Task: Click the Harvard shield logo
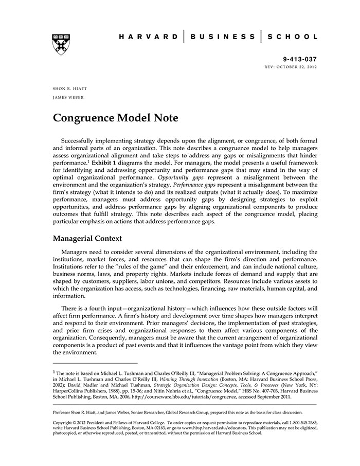pyautogui.click(x=61, y=45)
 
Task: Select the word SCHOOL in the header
pyautogui.click(x=293, y=37)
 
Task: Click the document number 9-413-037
pyautogui.click(x=300, y=60)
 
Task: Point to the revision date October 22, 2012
pyautogui.click(x=299, y=67)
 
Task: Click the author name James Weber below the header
pyautogui.click(x=68, y=97)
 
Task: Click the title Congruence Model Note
pyautogui.click(x=115, y=118)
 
